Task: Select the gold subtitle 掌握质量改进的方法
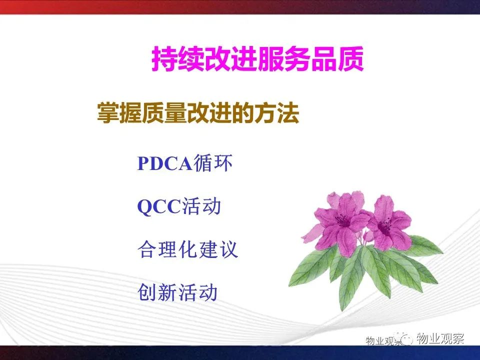[x=198, y=113]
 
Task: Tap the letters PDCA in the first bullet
[x=164, y=163]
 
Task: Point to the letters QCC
[x=159, y=206]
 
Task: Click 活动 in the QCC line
[x=201, y=206]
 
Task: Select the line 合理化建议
[x=187, y=249]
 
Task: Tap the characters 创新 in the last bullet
[x=157, y=292]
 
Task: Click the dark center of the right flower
[x=384, y=227]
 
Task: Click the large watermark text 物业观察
[x=440, y=338]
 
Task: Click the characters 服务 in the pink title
[x=284, y=59]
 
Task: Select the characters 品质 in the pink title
[x=337, y=59]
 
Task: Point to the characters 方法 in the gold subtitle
[x=277, y=113]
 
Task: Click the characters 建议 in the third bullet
[x=218, y=249]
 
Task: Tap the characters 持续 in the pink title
[x=178, y=59]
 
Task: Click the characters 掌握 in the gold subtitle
[x=119, y=113]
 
